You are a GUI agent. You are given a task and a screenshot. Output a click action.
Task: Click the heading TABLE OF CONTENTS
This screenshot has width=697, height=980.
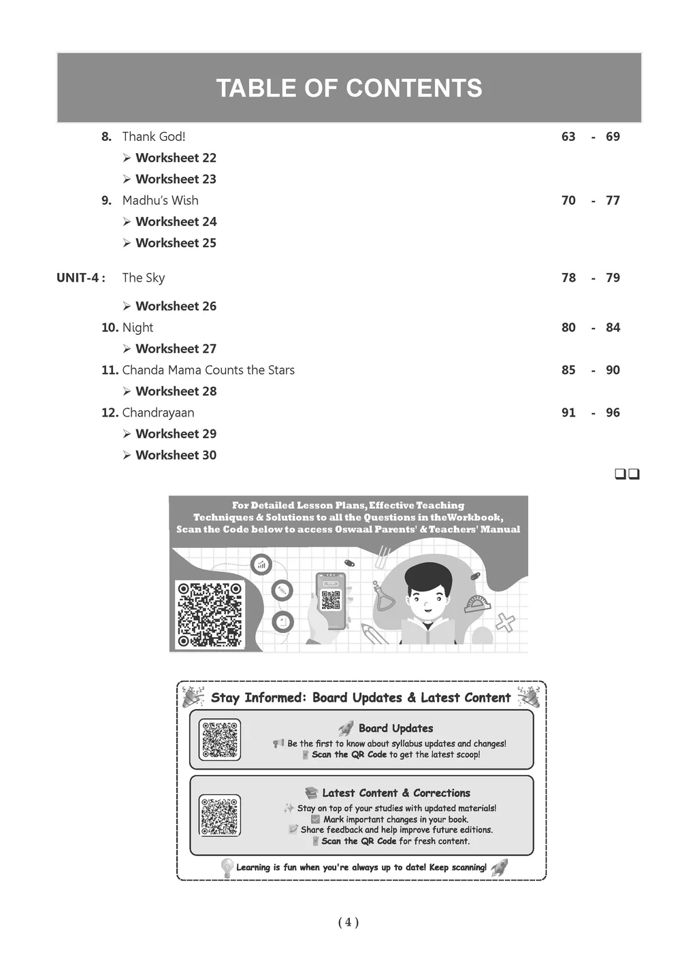[x=348, y=88]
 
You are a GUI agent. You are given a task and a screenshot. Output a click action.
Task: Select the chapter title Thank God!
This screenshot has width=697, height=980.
[x=154, y=137]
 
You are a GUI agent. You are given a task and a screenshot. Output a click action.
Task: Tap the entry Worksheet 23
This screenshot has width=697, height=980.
[x=176, y=179]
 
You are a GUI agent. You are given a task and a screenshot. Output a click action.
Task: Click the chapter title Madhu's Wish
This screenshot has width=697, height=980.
[x=161, y=201]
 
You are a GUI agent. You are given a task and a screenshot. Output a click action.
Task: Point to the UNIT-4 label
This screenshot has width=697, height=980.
[x=80, y=278]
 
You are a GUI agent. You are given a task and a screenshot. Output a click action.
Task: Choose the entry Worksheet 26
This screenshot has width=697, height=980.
[x=176, y=306]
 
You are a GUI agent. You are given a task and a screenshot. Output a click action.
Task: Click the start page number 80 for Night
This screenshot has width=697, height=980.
[x=568, y=327]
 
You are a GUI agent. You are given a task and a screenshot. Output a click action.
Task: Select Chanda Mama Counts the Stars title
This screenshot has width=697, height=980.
[x=208, y=370]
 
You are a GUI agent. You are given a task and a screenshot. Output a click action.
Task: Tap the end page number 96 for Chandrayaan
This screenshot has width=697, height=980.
[x=613, y=412]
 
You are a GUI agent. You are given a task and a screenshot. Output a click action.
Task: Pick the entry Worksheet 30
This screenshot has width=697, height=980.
[x=176, y=455]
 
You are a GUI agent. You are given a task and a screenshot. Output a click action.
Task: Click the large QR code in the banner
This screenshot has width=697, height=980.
[x=209, y=615]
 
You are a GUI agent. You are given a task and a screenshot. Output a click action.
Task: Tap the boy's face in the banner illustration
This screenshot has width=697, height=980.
[x=429, y=593]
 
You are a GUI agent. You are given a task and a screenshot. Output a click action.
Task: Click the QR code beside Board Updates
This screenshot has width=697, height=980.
[x=220, y=740]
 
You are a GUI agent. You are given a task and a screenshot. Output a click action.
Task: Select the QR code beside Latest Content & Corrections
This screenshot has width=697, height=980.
[x=220, y=815]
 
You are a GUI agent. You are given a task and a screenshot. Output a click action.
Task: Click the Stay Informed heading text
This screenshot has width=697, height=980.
[x=361, y=698]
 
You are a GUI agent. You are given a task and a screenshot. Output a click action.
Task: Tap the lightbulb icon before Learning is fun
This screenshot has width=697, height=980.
[x=227, y=868]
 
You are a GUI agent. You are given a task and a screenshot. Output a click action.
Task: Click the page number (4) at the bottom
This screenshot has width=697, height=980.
[x=348, y=922]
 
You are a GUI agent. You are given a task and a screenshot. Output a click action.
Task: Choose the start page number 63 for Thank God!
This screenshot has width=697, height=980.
[x=568, y=137]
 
